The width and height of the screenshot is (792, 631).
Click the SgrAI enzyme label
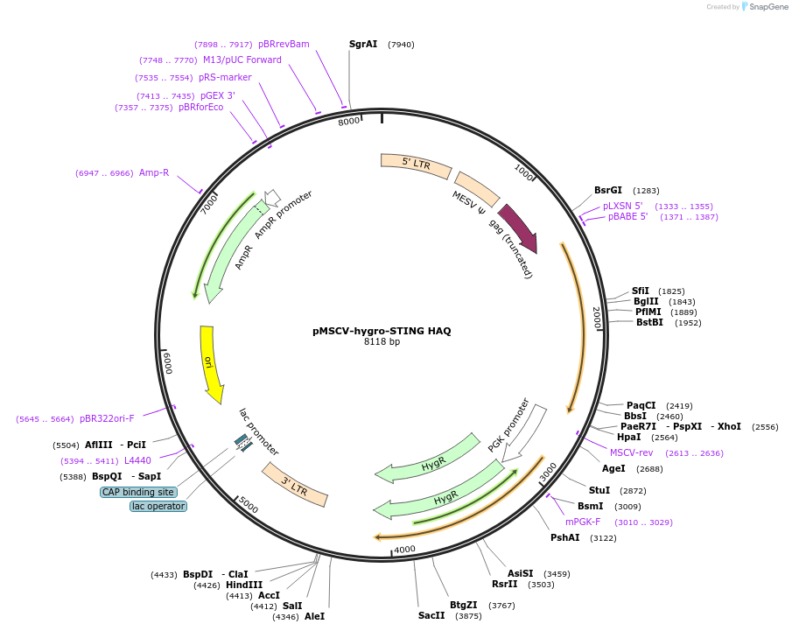[363, 44]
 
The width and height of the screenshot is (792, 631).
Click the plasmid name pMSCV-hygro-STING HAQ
[382, 331]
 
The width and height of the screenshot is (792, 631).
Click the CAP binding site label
[137, 492]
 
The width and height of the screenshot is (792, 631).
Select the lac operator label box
[158, 506]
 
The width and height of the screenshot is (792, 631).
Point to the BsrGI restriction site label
[608, 190]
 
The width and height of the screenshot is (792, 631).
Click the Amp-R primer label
[154, 172]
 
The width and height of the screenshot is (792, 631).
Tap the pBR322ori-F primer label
[107, 418]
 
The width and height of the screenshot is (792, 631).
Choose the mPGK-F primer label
[583, 522]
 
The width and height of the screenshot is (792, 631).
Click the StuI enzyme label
[599, 490]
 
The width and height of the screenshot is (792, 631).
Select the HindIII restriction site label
[244, 585]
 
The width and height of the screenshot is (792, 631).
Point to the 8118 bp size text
[382, 341]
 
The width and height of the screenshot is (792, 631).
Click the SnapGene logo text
[765, 7]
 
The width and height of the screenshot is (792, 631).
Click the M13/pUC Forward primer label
[242, 60]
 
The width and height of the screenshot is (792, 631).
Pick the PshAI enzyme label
[565, 537]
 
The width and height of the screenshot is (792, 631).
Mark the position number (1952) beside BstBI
[688, 322]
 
